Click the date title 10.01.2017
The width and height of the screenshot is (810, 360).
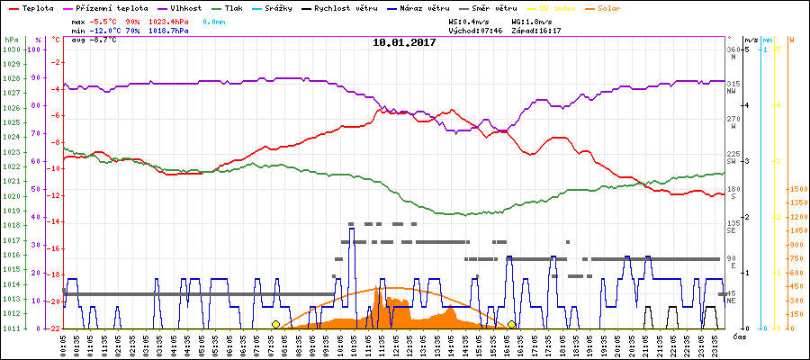point(404,42)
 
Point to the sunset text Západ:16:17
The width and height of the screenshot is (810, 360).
point(535,31)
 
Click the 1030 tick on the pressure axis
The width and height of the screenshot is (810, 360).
point(11,49)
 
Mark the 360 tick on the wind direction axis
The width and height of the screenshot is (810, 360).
point(733,49)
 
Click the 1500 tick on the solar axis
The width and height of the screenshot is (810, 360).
point(798,189)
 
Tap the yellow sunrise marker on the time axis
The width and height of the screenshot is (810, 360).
point(275,324)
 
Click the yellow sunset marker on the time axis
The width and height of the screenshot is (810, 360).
point(511,324)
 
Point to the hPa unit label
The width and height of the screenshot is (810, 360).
point(10,40)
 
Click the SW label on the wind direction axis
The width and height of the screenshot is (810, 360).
point(733,161)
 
